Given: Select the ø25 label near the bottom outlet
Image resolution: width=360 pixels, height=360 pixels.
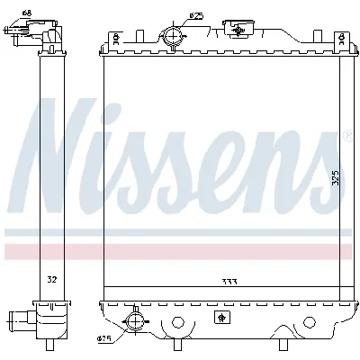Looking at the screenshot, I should pos(105,339).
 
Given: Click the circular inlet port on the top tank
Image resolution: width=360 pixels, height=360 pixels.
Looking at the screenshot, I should pos(173,36).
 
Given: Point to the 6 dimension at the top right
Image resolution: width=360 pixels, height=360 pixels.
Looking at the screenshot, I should pos(345,40).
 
